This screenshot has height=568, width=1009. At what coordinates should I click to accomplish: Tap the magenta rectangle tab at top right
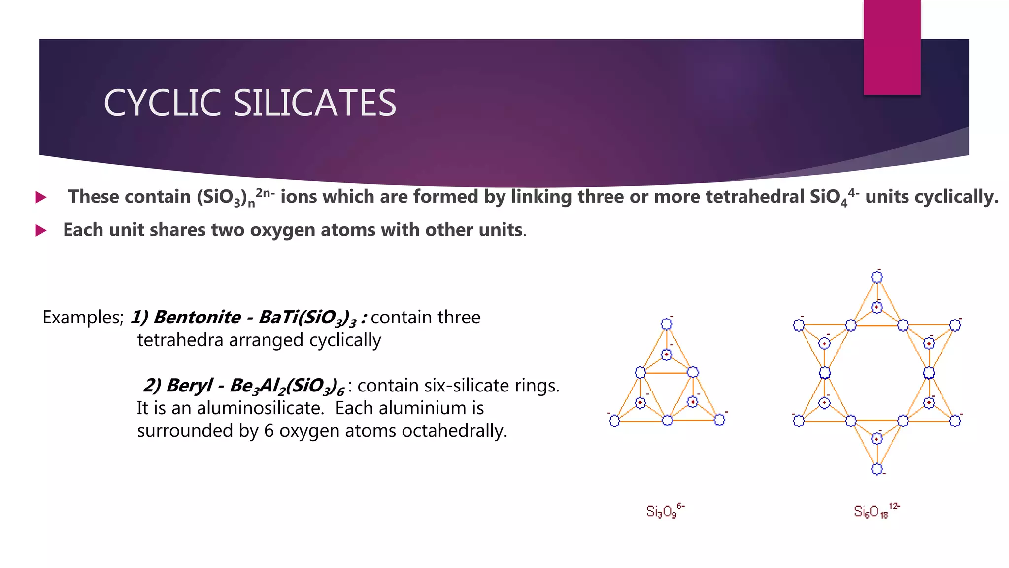[892, 47]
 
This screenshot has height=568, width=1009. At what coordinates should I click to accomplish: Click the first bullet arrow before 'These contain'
[41, 198]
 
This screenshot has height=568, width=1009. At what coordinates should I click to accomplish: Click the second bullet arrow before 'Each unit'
[41, 230]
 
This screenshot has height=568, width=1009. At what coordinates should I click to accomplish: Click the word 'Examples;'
[83, 317]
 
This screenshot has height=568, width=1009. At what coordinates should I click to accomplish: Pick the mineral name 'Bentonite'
[197, 317]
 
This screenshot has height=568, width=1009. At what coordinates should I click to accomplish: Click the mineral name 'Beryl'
[190, 385]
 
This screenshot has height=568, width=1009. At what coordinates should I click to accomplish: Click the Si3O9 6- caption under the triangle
[665, 511]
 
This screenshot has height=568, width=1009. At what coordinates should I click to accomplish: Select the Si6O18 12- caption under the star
[876, 511]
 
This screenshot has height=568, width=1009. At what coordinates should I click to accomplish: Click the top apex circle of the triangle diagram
[666, 324]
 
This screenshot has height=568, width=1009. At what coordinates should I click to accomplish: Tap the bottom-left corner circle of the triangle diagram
[614, 421]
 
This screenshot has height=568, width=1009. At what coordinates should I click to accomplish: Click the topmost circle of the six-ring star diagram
[877, 277]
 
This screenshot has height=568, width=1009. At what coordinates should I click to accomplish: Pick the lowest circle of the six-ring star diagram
[877, 469]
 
